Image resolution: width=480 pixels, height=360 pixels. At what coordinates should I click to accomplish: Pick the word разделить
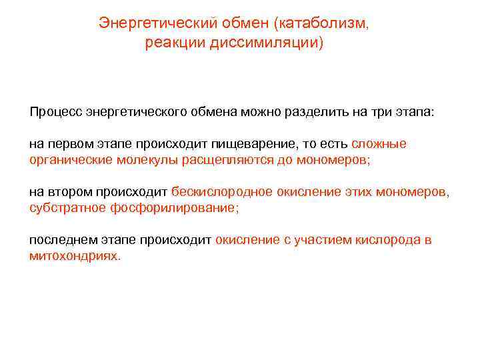[340, 111]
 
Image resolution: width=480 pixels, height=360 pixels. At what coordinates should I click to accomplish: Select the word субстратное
[62, 208]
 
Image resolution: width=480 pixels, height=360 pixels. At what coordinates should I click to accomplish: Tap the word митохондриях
[74, 256]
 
